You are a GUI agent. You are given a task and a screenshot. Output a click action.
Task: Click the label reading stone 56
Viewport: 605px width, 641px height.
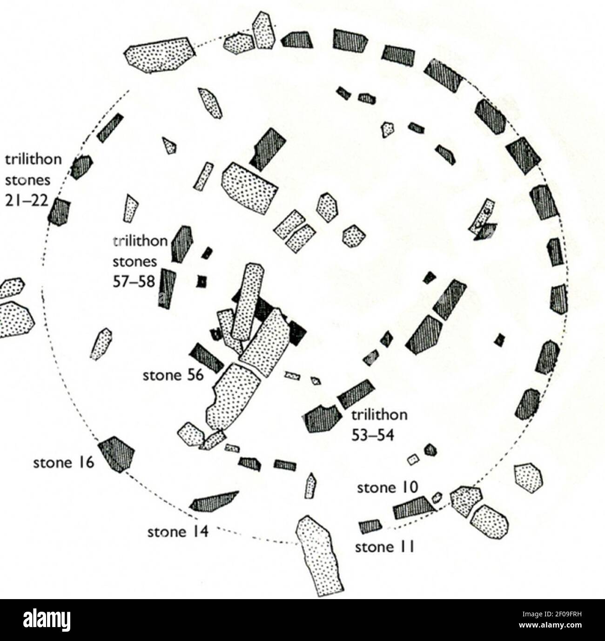coord(173,375)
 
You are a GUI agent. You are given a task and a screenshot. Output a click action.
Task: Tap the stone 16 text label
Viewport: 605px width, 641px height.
coord(64,463)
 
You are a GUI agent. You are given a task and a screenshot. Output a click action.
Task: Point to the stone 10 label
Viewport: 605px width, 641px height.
coord(387,487)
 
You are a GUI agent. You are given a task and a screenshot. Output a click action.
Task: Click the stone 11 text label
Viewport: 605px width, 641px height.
coord(384,547)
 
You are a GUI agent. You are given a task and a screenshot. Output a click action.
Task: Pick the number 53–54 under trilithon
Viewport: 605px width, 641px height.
coord(373,435)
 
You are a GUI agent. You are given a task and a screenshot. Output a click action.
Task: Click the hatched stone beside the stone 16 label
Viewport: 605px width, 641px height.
coord(116,453)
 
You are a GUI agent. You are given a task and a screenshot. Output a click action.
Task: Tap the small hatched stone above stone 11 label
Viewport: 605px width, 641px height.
coord(370,526)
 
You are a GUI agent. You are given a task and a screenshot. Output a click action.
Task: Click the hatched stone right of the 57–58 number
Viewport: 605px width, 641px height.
coord(167,288)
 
